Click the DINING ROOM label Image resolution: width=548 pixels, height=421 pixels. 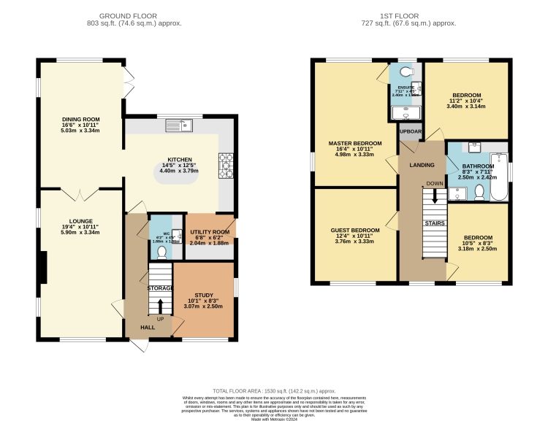click(81, 119)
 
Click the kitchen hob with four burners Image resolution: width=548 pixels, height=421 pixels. click(226, 164)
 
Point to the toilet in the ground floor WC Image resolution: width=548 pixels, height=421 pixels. click(161, 252)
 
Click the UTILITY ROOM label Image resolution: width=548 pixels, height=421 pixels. click(210, 232)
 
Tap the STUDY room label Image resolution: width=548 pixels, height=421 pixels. click(204, 295)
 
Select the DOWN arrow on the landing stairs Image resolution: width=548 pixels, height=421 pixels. click(435, 195)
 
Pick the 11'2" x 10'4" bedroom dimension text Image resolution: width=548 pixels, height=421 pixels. click(466, 101)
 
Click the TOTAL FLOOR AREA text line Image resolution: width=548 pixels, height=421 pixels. click(274, 391)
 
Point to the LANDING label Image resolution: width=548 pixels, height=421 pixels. click(422, 166)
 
